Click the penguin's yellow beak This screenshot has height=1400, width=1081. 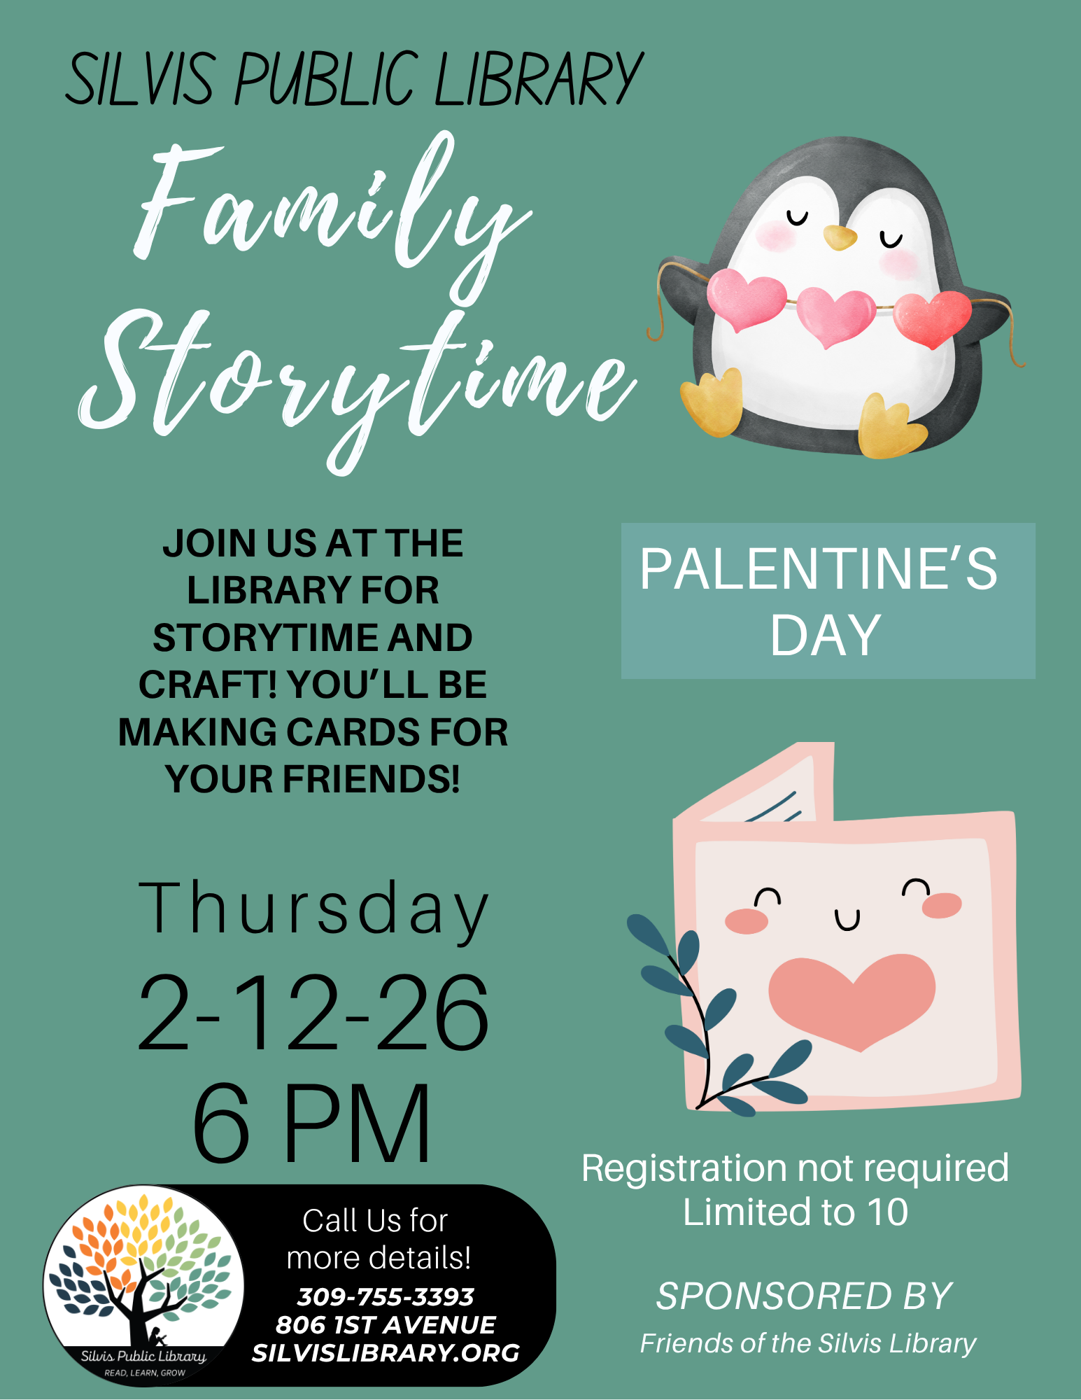point(840,237)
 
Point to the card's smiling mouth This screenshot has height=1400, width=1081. point(847,919)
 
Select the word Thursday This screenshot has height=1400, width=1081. point(313,910)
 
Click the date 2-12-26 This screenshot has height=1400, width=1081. point(313,1012)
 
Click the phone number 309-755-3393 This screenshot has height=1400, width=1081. point(386,1296)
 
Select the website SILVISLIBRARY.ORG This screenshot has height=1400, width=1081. point(386,1352)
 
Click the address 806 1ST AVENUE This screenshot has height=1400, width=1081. point(386,1324)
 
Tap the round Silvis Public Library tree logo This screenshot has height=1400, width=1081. point(144,1285)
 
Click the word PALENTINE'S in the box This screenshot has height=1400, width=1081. point(818,568)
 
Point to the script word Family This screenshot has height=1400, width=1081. point(329,210)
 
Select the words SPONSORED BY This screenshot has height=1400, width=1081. point(804,1296)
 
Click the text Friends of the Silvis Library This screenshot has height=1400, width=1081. point(808,1343)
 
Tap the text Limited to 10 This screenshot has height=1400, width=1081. point(796,1212)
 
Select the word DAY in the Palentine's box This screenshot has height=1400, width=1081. point(825,635)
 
